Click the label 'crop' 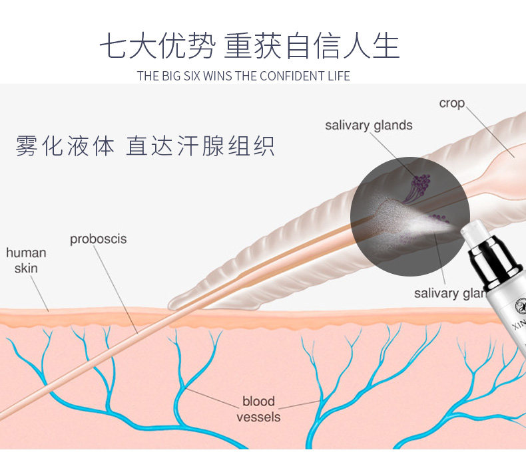click(x=451, y=104)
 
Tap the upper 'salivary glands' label click(x=368, y=125)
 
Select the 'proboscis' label click(x=98, y=239)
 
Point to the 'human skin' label click(x=26, y=261)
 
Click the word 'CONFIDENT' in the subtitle click(x=286, y=76)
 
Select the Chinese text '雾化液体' click(x=65, y=146)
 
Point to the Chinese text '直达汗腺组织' click(x=200, y=146)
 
